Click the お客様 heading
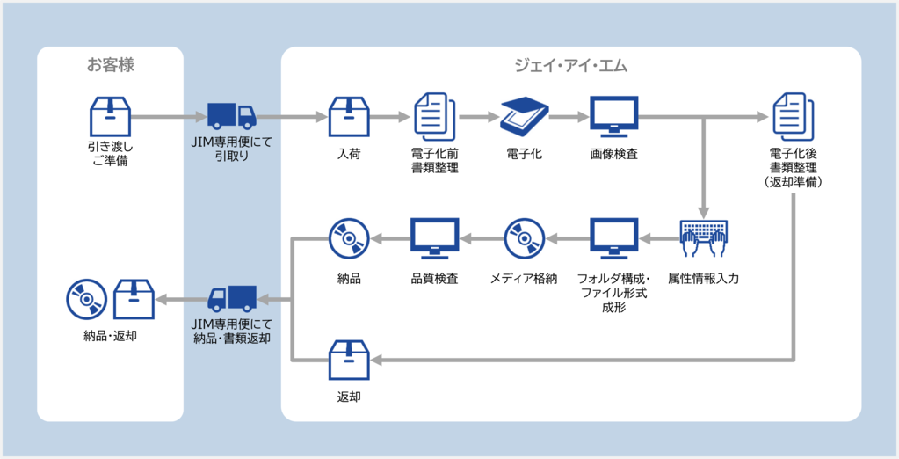(x=110, y=65)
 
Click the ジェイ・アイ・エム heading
(x=570, y=65)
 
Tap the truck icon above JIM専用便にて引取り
(x=231, y=115)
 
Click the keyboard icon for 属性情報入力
(x=703, y=238)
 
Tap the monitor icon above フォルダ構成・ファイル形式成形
(x=613, y=238)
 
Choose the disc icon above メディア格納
(x=525, y=238)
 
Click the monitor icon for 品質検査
(x=435, y=238)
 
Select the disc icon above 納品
(x=349, y=238)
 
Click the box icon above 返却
(x=349, y=361)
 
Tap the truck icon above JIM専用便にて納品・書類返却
(x=231, y=300)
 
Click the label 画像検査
(x=613, y=154)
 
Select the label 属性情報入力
(x=703, y=279)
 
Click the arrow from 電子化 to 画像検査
(x=569, y=116)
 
